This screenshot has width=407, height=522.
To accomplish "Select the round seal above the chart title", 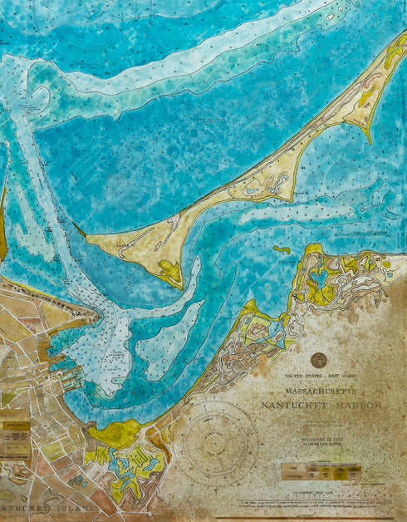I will tap(319, 360).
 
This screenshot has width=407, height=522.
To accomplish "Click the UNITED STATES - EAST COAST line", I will tap(320, 377).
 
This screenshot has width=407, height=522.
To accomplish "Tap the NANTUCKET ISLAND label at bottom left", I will tap(37, 507).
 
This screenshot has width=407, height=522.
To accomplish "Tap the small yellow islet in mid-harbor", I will tap(282, 249).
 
